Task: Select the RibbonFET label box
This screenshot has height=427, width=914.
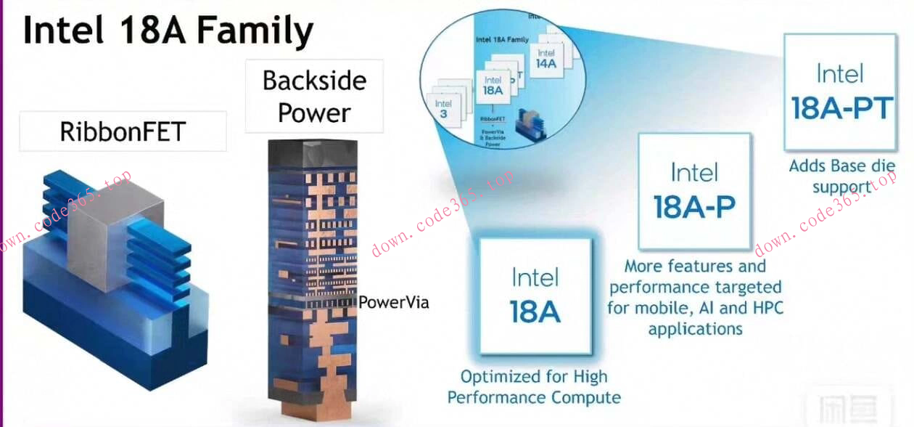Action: click(123, 131)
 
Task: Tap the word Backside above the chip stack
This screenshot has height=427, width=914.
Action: click(314, 80)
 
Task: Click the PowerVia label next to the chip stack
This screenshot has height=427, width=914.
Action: click(394, 302)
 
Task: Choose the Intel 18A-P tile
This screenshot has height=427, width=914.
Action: click(694, 190)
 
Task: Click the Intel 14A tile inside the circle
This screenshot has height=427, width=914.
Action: click(546, 59)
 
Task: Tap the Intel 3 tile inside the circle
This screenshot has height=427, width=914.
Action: click(444, 110)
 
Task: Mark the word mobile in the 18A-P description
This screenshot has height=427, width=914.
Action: click(662, 308)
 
